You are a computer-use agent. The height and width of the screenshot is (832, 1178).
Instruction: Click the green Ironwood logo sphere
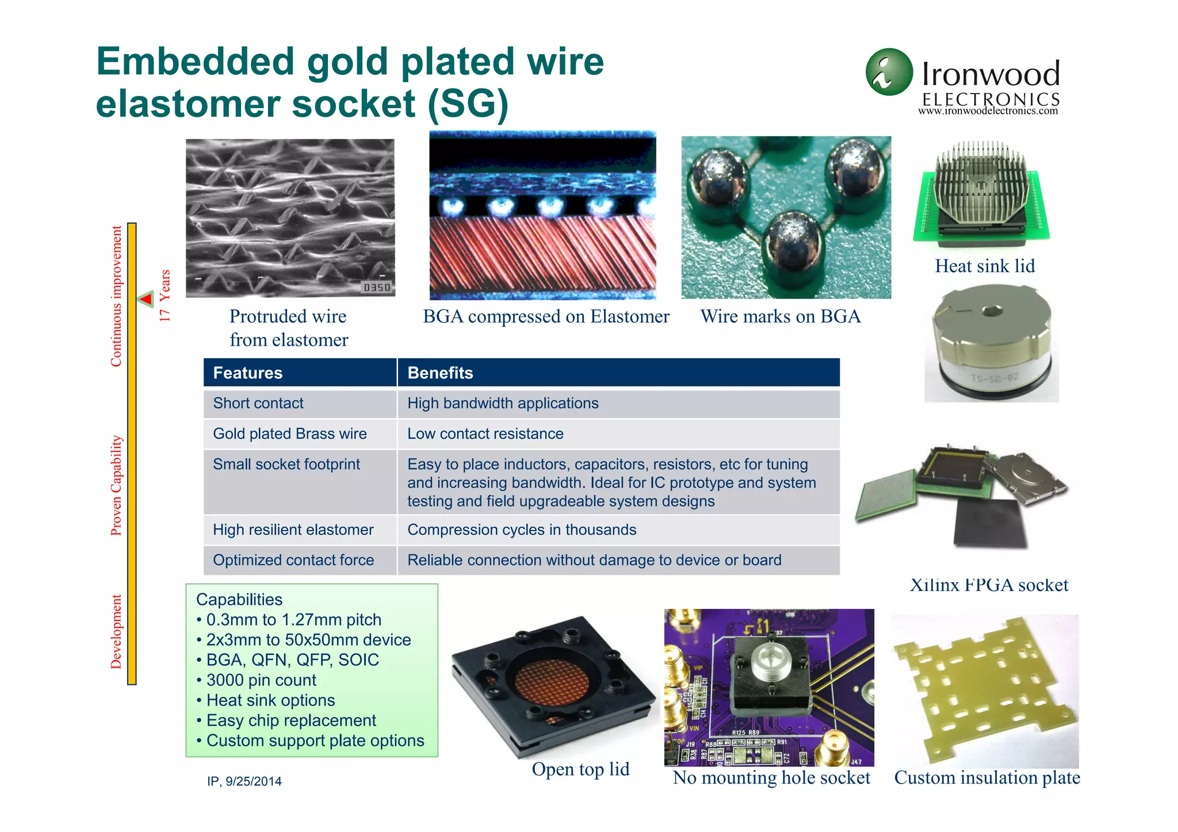click(889, 72)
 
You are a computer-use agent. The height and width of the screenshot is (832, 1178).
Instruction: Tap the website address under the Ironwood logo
click(988, 111)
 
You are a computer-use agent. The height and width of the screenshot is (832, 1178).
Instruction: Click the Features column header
click(248, 373)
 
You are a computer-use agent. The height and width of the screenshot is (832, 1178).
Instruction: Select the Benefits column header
click(440, 373)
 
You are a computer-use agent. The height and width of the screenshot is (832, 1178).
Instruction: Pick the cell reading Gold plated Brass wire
click(290, 434)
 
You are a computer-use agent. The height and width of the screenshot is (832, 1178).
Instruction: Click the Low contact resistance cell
click(485, 434)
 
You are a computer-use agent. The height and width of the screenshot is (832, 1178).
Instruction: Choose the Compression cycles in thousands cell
click(522, 530)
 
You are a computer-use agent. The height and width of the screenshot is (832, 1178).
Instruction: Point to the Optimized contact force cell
click(293, 561)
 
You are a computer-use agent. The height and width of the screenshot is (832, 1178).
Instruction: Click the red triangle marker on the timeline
click(146, 299)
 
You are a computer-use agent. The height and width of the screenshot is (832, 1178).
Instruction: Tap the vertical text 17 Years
click(165, 296)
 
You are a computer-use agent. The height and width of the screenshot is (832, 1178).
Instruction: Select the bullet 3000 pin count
click(261, 680)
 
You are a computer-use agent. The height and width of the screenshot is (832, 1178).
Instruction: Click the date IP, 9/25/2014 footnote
click(244, 781)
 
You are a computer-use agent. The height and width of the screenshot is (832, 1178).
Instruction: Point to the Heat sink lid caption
click(985, 266)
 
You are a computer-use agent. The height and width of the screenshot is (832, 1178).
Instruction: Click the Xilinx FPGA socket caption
click(989, 585)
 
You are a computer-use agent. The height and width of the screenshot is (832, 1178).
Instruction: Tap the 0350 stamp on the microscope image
click(377, 287)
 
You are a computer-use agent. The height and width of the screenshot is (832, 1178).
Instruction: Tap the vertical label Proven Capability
click(116, 486)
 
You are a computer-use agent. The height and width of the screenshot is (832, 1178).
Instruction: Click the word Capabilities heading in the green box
click(239, 600)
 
